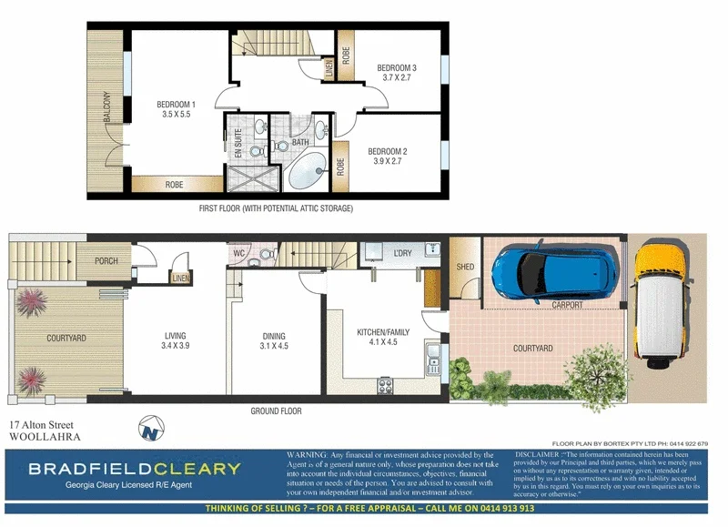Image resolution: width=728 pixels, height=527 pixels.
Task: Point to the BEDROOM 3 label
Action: pos(397,68)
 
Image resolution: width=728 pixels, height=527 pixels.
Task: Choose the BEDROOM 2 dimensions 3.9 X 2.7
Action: pos(387,161)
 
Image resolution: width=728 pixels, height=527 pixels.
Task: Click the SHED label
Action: pos(465,266)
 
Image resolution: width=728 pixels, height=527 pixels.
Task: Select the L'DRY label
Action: pos(402,251)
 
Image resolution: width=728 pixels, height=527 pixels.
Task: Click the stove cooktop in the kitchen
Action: pos(385,385)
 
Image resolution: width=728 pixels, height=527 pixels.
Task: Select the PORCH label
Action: pos(106,260)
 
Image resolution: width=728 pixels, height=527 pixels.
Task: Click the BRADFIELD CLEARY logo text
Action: pos(134,470)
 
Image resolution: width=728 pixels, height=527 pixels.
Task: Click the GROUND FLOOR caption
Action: pos(276,410)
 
